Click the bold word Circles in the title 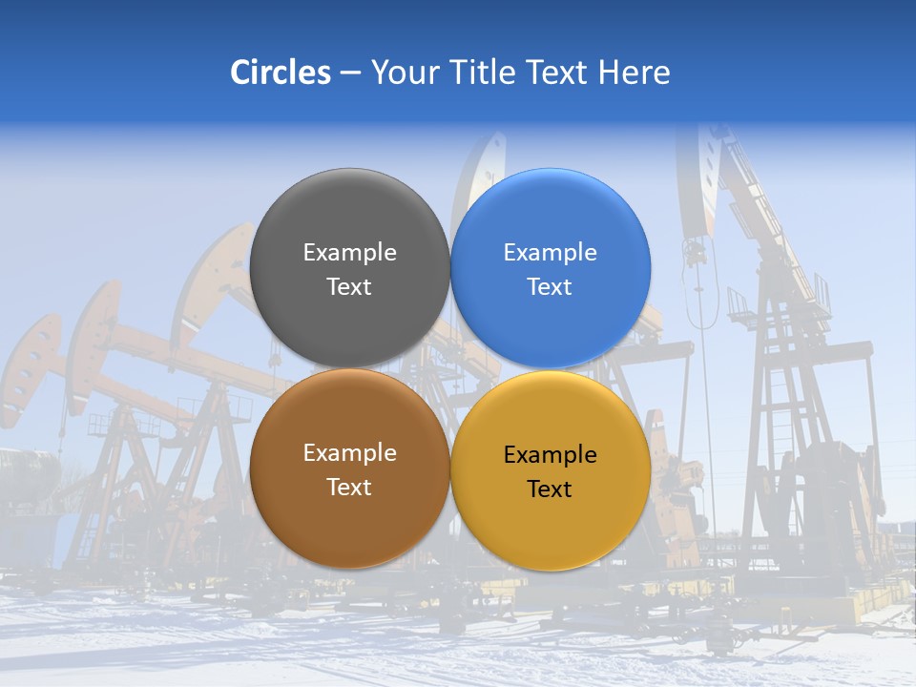(x=280, y=73)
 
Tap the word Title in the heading (x=483, y=73)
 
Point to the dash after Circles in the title (x=350, y=73)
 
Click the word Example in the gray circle (x=349, y=253)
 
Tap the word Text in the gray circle (x=349, y=286)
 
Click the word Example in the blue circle (x=550, y=253)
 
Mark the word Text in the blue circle (x=550, y=286)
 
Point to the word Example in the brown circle (x=349, y=453)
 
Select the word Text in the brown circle (x=349, y=487)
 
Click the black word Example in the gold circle (x=550, y=455)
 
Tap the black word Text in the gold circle (x=550, y=489)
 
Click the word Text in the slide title (x=558, y=73)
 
